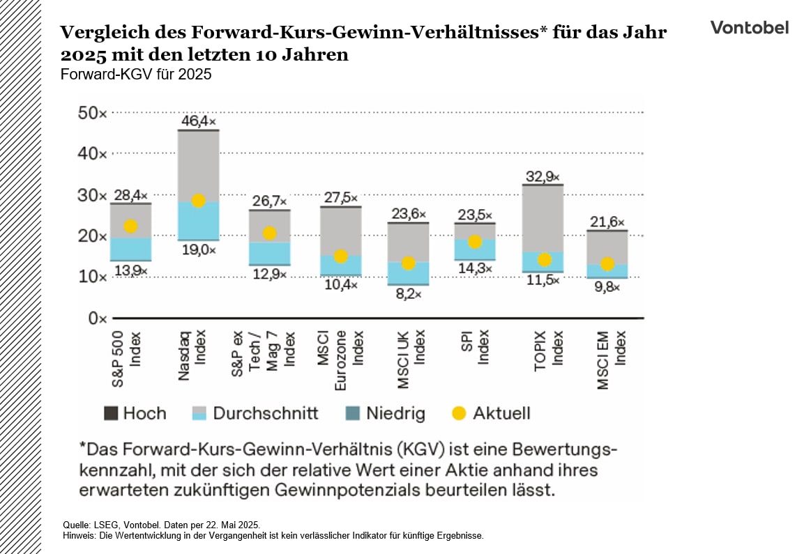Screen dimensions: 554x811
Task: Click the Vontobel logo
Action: (x=749, y=27)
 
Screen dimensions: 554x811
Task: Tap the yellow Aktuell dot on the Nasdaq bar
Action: (x=198, y=201)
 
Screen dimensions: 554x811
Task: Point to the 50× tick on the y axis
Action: (x=91, y=113)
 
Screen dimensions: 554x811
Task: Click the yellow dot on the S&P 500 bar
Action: (x=130, y=226)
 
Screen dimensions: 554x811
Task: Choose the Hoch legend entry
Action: (x=135, y=413)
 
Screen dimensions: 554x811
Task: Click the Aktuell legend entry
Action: (x=491, y=413)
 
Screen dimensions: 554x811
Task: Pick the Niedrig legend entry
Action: (x=385, y=413)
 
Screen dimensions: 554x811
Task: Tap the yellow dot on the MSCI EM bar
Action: (x=607, y=264)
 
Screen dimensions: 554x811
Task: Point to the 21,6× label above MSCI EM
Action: (x=608, y=222)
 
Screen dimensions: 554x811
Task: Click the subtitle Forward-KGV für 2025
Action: (x=136, y=74)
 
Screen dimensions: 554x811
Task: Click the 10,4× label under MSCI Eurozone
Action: (x=340, y=285)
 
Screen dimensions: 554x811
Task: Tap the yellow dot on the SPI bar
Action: (x=475, y=242)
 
